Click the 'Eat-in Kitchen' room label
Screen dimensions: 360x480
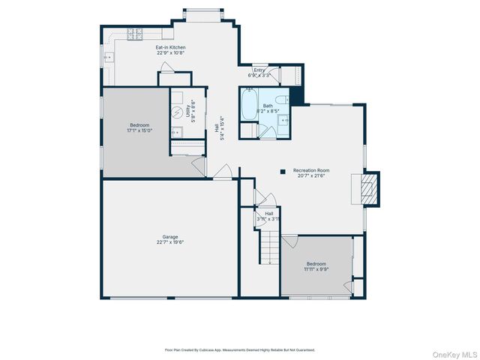coord(171,47)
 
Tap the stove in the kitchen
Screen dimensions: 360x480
coord(134,33)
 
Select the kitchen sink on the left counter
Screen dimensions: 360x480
coord(109,57)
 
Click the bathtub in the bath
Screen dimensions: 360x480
coord(249,104)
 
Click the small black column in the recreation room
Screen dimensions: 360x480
coord(283,172)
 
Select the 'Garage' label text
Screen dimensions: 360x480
coord(171,236)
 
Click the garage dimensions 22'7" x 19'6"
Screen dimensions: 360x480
coord(171,242)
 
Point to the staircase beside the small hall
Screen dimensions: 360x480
coord(269,247)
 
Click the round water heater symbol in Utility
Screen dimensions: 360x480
coord(178,112)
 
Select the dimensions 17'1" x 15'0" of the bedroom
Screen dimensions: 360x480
coord(140,130)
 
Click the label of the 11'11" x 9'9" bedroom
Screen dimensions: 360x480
coord(316,264)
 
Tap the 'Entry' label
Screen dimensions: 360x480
coord(259,70)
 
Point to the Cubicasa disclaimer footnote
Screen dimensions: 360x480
coord(240,349)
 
